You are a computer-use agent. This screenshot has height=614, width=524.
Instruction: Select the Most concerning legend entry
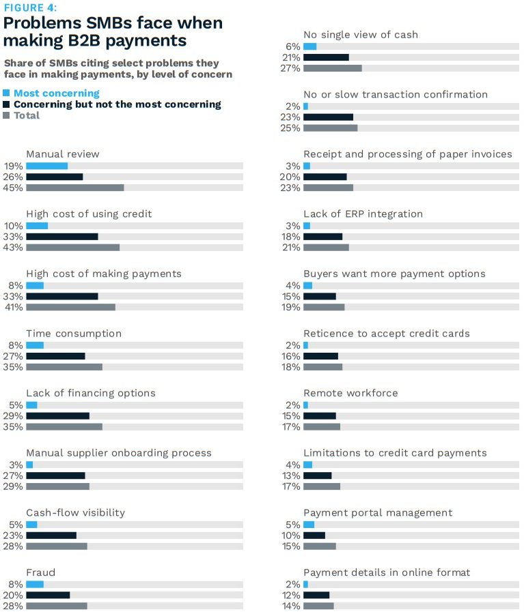point(56,93)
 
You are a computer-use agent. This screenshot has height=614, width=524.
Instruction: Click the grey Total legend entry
point(27,115)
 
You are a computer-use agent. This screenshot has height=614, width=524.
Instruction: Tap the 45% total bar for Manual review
point(75,188)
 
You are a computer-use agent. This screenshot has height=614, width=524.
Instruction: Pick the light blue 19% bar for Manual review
point(47,166)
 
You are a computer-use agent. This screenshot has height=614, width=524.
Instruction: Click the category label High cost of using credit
point(89,214)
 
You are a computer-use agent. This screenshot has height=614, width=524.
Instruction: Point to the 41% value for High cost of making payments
point(14,307)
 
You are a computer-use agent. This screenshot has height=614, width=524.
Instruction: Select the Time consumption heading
point(74,334)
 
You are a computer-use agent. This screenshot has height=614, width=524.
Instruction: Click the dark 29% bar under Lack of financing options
point(58,416)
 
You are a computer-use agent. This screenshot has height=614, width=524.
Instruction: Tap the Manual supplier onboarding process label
point(119,453)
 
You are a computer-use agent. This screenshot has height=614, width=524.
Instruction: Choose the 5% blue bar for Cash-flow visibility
point(31,525)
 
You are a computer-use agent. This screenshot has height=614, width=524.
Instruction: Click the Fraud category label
point(40,572)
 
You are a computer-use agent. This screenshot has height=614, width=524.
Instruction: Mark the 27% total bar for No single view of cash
point(333,68)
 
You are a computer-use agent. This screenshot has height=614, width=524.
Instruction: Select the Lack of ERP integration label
point(363,214)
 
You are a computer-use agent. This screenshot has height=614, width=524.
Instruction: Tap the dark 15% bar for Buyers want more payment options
point(320,297)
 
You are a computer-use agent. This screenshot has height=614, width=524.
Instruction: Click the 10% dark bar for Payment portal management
point(314,536)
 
